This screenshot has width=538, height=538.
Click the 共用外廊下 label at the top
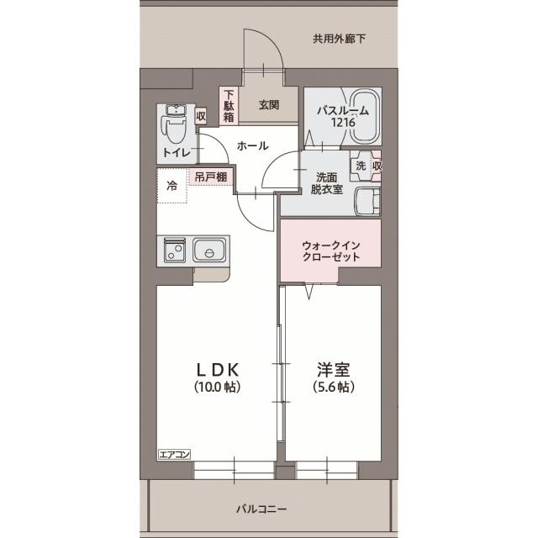point(340,39)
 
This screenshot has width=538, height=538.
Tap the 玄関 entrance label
point(268,105)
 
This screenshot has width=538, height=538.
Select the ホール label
point(252,145)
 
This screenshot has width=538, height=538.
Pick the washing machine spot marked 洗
point(360,166)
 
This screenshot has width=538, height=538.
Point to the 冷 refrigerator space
point(171,186)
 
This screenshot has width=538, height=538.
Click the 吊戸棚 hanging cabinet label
point(210,177)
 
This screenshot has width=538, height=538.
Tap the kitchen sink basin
point(207,251)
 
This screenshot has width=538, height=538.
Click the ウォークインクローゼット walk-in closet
point(330,251)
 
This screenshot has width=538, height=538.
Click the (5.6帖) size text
point(334,388)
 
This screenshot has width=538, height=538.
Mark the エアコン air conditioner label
point(175,454)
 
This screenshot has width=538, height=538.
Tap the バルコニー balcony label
point(261,509)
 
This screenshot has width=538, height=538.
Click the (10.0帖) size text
point(219,388)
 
